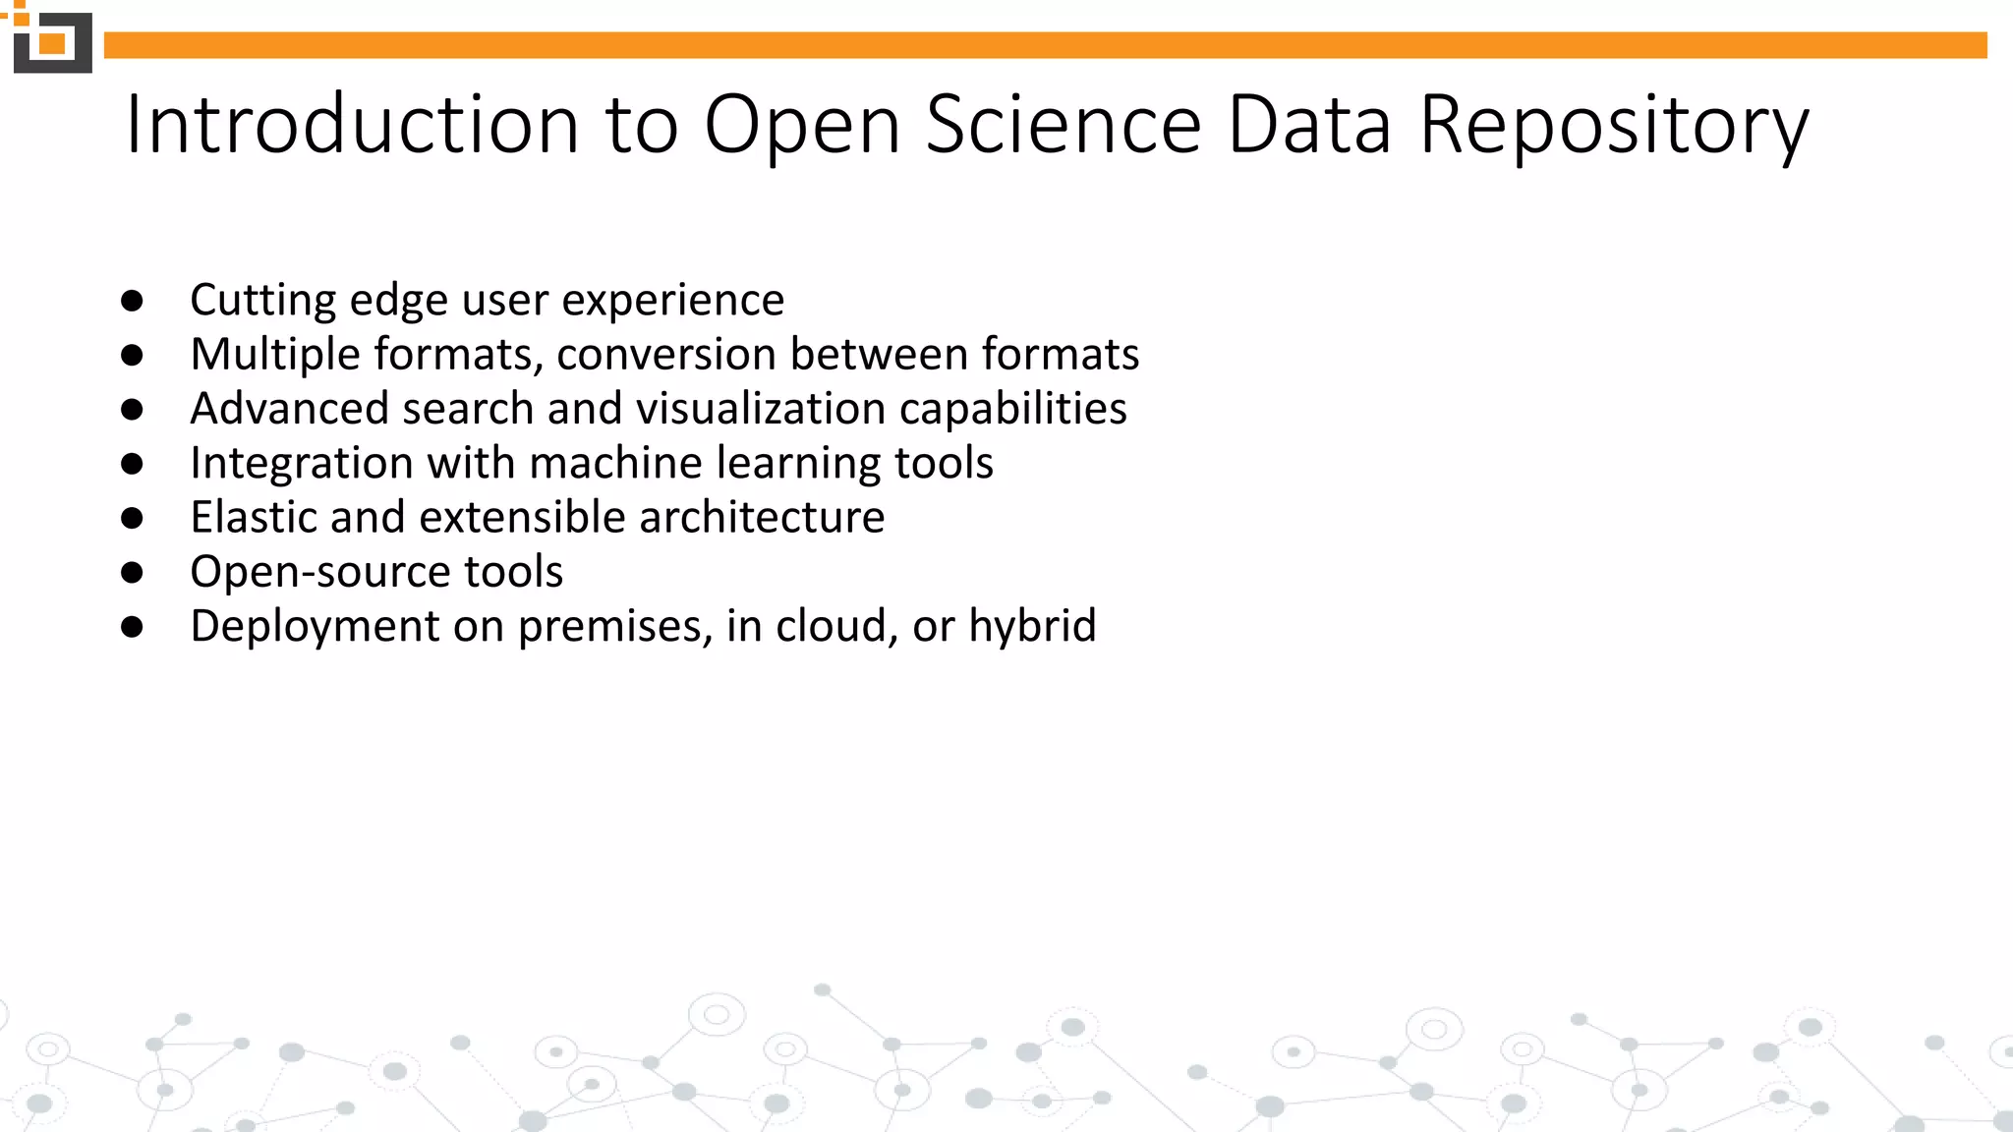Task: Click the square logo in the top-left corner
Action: point(52,42)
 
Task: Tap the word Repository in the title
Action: point(1613,125)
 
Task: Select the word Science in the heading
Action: point(1063,125)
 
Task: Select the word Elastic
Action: point(254,517)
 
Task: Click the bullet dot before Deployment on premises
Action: point(133,626)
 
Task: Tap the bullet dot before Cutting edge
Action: point(133,300)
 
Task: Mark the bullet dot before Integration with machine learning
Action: point(133,463)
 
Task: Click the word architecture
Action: point(761,517)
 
